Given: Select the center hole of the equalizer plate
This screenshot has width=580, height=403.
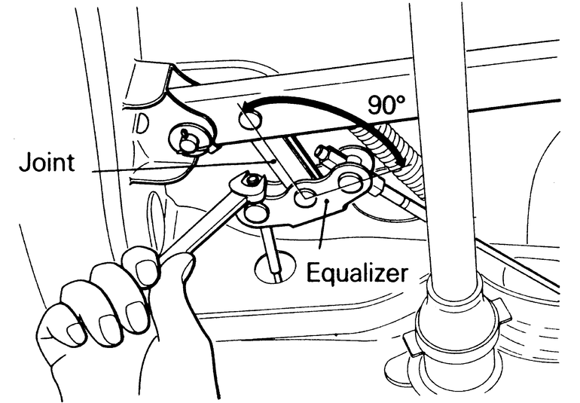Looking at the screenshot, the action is (x=305, y=200).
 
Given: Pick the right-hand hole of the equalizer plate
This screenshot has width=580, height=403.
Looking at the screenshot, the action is (x=350, y=182).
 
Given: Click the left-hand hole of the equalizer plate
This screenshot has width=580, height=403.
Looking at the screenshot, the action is (x=256, y=213).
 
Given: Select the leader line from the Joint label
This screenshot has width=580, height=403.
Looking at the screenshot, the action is (x=173, y=168).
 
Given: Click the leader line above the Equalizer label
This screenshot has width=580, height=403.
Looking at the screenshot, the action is (x=322, y=234).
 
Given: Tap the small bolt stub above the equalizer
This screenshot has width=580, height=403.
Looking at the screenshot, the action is (x=325, y=154).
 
